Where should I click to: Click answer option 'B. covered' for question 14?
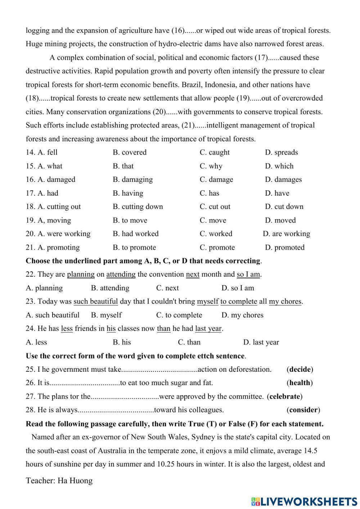(x=130, y=152)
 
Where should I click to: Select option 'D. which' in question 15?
(x=279, y=166)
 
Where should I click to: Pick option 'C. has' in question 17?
(x=209, y=193)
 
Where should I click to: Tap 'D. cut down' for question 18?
(x=284, y=206)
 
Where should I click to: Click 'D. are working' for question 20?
(x=286, y=234)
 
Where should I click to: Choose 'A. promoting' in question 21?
(x=53, y=247)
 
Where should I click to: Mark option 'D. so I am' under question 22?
(x=238, y=288)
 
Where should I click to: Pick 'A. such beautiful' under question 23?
(x=53, y=315)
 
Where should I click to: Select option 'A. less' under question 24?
(x=36, y=342)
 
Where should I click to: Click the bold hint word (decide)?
(x=300, y=369)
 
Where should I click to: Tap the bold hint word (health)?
(x=300, y=383)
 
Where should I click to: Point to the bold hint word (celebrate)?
(x=284, y=396)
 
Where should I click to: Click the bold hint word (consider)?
(x=303, y=410)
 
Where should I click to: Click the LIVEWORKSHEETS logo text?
(x=304, y=501)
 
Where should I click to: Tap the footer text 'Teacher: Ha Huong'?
(x=59, y=481)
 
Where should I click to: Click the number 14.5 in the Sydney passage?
(x=310, y=451)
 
